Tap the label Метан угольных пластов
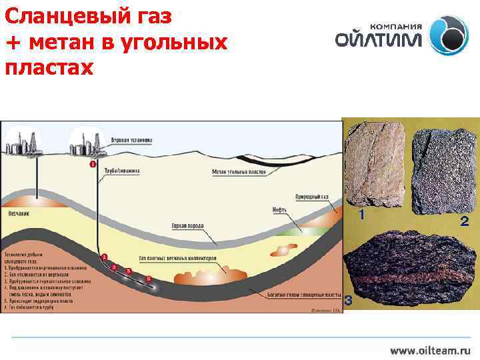(240, 171)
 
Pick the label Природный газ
(312, 197)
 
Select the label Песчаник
(17, 213)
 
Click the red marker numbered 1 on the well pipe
(92, 164)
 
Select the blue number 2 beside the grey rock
(465, 221)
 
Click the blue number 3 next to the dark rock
(348, 301)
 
